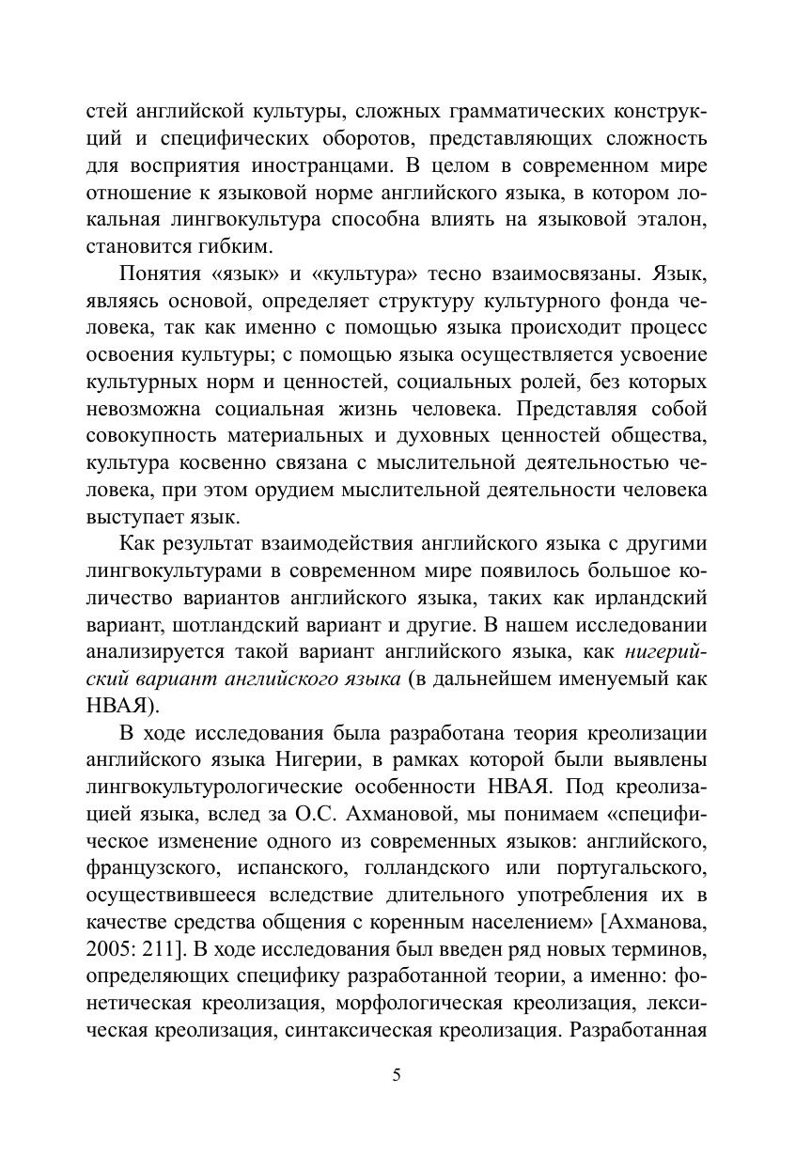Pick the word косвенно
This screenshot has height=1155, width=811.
(x=222, y=462)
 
